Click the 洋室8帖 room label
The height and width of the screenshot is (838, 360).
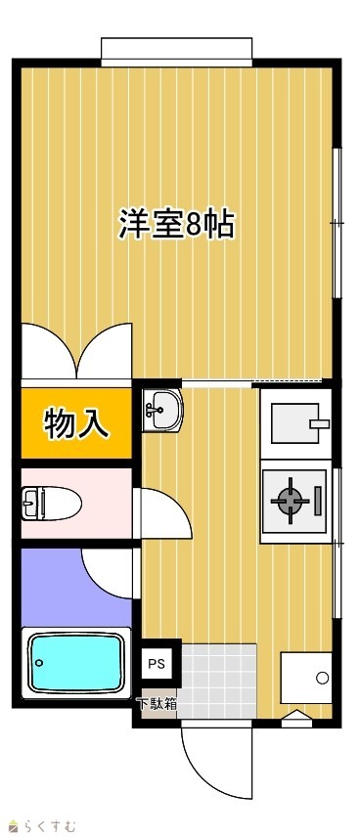(x=176, y=225)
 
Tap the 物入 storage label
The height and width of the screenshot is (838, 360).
(x=77, y=423)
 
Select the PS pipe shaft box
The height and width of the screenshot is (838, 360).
(x=157, y=664)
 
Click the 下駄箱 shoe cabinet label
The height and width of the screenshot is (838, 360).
(x=157, y=704)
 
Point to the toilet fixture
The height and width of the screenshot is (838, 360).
(x=51, y=503)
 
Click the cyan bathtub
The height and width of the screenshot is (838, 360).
(x=76, y=663)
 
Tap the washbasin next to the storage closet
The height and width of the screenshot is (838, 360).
(x=162, y=411)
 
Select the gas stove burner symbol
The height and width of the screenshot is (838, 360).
(x=291, y=501)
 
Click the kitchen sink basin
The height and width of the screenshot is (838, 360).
(x=295, y=423)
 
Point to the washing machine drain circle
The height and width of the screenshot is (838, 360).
(x=322, y=678)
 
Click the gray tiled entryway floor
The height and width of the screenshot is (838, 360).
(x=219, y=681)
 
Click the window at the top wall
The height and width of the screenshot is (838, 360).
(x=176, y=52)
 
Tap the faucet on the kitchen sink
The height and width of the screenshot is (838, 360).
(x=319, y=423)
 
